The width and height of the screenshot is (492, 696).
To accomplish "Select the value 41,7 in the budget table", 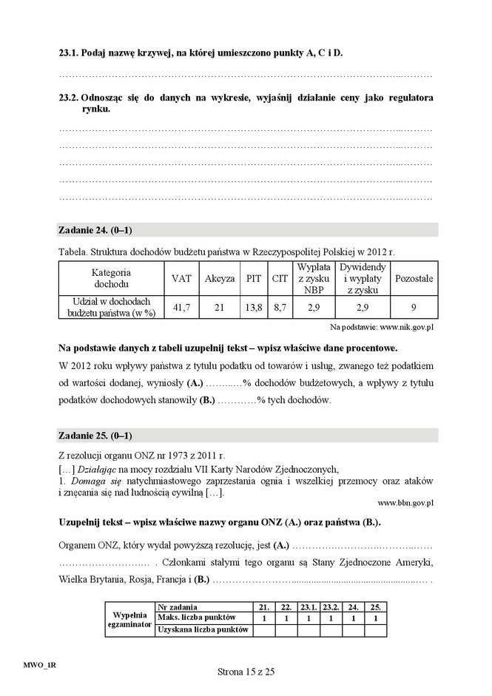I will click(181, 306).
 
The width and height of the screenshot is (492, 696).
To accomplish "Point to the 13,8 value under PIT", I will click(254, 306).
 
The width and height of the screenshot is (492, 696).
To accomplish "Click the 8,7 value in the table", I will click(280, 306).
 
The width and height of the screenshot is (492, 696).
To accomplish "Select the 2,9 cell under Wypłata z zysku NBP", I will click(314, 306).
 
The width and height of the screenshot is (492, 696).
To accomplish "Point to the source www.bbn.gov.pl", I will click(405, 502).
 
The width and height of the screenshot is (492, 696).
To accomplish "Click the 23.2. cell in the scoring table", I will click(330, 607).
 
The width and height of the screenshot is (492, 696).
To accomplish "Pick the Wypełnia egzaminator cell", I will click(129, 618).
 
